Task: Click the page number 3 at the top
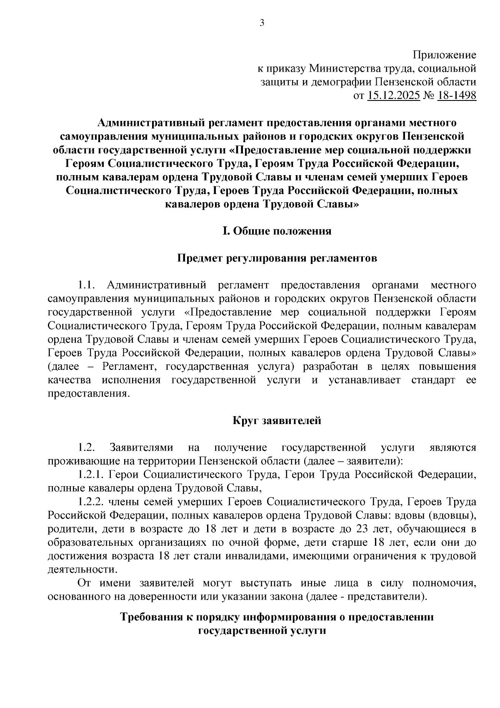pyautogui.click(x=262, y=23)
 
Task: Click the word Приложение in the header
pyautogui.click(x=444, y=55)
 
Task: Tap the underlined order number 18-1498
pyautogui.click(x=456, y=96)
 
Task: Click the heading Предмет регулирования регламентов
pyautogui.click(x=277, y=258)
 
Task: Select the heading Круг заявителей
pyautogui.click(x=277, y=420)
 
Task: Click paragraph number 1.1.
pyautogui.click(x=87, y=285)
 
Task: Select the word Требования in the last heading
pyautogui.click(x=152, y=617)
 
